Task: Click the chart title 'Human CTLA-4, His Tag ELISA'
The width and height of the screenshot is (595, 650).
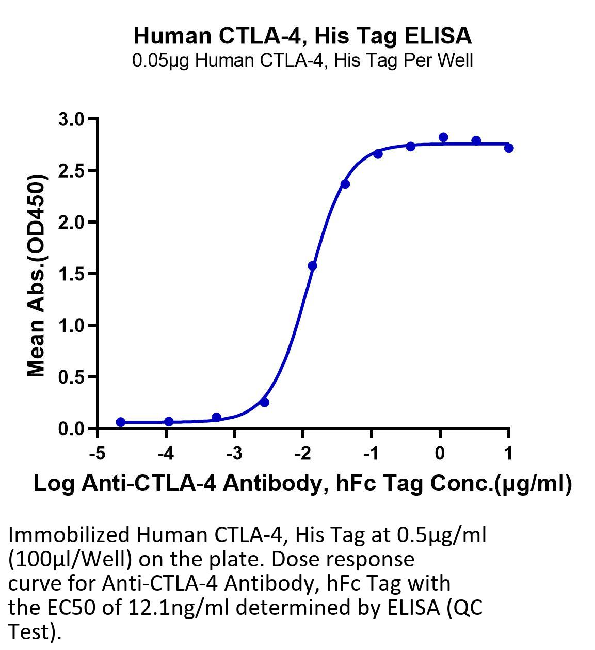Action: (x=302, y=36)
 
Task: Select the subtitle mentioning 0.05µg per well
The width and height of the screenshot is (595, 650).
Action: (x=302, y=60)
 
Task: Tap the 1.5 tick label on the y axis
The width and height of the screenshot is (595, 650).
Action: (x=71, y=274)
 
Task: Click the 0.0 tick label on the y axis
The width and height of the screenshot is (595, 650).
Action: (x=71, y=429)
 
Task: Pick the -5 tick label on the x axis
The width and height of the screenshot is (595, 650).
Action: (x=98, y=453)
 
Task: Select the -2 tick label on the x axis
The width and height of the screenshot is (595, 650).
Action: (x=303, y=453)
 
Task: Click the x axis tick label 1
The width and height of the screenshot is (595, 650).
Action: (x=508, y=453)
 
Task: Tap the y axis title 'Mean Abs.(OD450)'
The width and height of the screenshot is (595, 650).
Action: (x=36, y=275)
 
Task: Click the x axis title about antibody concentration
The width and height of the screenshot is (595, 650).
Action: (x=303, y=484)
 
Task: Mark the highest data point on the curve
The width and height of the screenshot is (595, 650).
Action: (x=443, y=137)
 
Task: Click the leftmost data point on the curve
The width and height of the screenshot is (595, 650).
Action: (x=121, y=422)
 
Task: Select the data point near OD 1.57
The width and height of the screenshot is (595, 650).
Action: (x=313, y=266)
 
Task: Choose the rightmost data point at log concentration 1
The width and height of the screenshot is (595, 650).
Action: (x=509, y=148)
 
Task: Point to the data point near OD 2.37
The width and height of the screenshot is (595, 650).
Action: (x=345, y=184)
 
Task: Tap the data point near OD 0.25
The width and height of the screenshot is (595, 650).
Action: (x=265, y=403)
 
